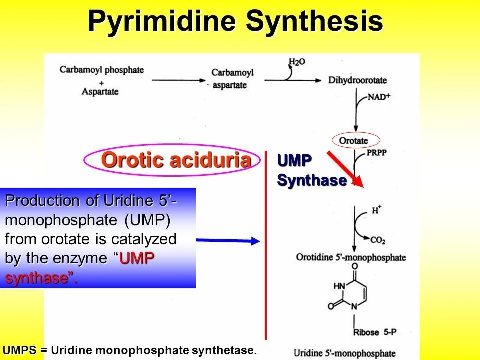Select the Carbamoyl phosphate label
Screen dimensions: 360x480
[x=102, y=70]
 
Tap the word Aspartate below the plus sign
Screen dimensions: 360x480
[x=100, y=91]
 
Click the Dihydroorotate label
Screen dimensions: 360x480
[x=358, y=81]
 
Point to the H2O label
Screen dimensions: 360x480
[x=296, y=62]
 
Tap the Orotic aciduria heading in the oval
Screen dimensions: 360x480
[x=176, y=160]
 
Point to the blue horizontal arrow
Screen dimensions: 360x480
[x=228, y=241]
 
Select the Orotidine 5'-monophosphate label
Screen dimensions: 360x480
[x=351, y=258]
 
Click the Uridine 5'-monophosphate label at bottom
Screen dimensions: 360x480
[x=344, y=353]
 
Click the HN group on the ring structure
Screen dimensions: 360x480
[x=339, y=286]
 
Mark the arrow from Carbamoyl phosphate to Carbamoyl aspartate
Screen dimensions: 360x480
[x=178, y=80]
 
